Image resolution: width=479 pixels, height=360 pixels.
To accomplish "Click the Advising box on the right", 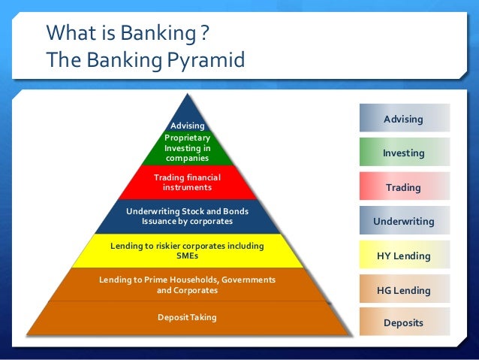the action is (404, 119).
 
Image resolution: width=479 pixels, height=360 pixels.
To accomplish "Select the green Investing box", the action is (404, 153).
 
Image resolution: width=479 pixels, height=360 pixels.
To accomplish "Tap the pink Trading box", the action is (404, 188).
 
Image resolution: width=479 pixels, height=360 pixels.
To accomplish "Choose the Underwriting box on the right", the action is (404, 222).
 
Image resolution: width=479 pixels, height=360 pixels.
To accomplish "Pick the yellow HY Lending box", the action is (404, 256).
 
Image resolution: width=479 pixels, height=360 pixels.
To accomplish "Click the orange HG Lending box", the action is (404, 290).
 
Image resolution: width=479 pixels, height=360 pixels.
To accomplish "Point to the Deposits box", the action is (404, 323).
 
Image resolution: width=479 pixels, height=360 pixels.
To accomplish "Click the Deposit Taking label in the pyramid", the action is (187, 317).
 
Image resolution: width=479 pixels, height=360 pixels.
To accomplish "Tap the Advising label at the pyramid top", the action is (188, 125).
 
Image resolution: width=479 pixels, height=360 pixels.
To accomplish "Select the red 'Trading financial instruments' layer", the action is (187, 182).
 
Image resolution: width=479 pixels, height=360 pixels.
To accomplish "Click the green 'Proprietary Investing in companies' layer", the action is (187, 148).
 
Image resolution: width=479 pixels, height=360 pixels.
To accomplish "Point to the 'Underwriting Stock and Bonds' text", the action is (187, 211).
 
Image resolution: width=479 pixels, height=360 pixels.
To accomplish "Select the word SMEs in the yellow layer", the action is (187, 256).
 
